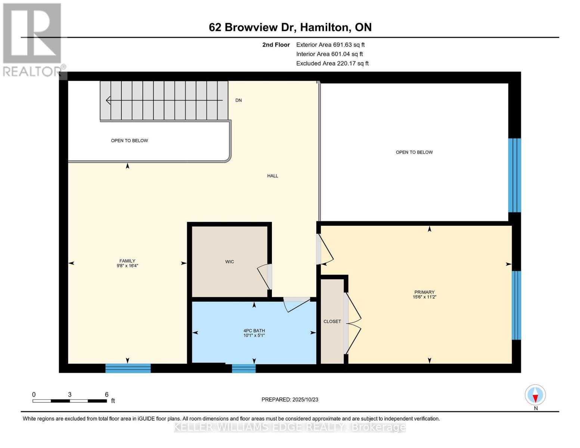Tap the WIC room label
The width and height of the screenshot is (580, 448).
coord(229,262)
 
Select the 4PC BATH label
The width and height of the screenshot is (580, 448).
coord(254,331)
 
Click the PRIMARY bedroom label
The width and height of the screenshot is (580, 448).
coord(424,292)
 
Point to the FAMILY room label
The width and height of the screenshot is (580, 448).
coord(127,261)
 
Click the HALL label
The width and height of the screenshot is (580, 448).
coord(273,176)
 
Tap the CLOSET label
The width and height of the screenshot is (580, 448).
coord(332,321)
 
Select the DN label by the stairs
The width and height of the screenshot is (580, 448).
coord(239,100)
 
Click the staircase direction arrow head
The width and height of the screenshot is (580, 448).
coord(109,100)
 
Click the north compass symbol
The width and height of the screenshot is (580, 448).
coord(535,395)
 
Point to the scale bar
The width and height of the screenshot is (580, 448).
coord(69,401)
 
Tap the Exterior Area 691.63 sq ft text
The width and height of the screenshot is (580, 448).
coord(330,45)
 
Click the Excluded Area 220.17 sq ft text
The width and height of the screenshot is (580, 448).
coord(332,63)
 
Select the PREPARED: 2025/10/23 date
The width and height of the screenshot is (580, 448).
coord(290,399)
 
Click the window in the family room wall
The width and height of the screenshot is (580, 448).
coord(128,368)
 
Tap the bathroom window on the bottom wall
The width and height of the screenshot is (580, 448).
coord(244,368)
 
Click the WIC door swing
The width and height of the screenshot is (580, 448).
coord(264,276)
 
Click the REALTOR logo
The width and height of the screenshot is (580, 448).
coord(33,39)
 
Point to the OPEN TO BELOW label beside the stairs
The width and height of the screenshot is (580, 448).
coord(129,141)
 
